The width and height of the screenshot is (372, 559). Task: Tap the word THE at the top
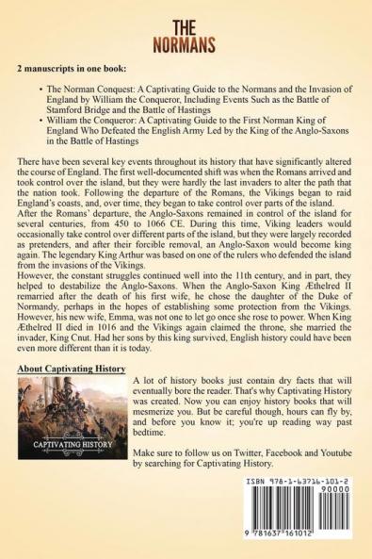point(186,19)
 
